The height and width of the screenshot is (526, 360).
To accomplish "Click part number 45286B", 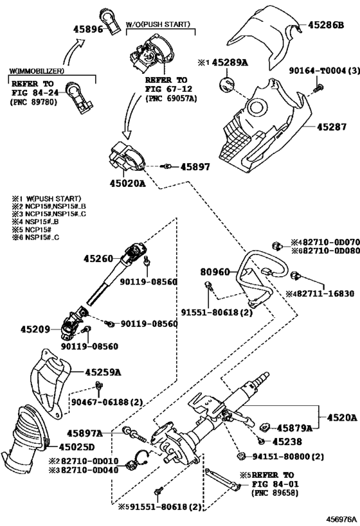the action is (x=326, y=25).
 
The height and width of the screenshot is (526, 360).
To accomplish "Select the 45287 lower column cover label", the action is (x=332, y=127).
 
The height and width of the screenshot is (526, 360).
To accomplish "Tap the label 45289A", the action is (x=230, y=62).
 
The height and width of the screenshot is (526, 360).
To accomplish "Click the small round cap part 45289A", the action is (x=227, y=84).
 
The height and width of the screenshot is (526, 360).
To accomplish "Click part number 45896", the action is (x=88, y=29).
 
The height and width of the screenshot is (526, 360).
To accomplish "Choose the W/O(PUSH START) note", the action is (x=158, y=24).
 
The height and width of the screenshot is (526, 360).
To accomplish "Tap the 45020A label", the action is (x=128, y=184).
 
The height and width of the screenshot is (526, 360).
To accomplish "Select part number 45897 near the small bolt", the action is (x=195, y=167).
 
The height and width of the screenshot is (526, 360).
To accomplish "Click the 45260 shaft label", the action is (x=98, y=259).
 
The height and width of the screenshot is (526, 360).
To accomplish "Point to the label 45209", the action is (x=35, y=329).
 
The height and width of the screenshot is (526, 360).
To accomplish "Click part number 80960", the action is (x=215, y=272).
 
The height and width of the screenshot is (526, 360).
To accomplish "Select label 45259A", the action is (x=103, y=372).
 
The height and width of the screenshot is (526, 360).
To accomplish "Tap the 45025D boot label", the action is (x=76, y=447).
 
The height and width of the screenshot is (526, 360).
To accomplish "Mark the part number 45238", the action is (x=287, y=442).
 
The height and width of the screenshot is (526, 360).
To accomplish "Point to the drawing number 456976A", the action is (x=341, y=519).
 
